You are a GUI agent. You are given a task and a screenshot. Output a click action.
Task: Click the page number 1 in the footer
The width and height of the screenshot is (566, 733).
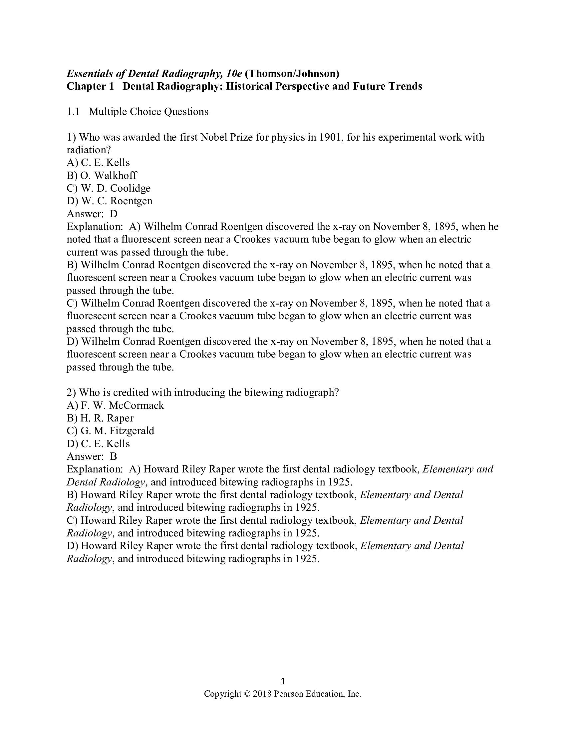283,681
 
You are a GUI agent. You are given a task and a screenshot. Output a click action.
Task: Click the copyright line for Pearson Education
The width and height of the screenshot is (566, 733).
283,694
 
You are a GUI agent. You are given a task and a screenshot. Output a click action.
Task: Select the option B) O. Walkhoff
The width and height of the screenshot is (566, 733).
102,175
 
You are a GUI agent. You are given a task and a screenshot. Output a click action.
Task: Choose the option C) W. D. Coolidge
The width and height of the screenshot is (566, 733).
109,188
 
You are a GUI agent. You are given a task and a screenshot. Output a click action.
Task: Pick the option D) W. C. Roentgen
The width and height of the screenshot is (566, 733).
110,201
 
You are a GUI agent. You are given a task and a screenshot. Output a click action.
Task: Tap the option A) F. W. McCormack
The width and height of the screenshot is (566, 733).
115,405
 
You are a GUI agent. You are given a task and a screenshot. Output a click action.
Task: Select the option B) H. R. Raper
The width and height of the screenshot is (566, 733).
100,418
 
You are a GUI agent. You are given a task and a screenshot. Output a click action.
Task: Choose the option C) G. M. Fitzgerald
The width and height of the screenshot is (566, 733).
110,430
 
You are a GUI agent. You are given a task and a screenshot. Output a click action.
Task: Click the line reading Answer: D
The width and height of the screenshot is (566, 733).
92,214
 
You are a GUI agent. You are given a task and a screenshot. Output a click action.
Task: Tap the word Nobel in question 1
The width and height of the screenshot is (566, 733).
214,137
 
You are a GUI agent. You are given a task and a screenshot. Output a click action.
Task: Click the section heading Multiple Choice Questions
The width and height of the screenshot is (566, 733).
148,111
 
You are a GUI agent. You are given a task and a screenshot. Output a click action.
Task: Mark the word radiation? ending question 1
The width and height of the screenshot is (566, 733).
89,150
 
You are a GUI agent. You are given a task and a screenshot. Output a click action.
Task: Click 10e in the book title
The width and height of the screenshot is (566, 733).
234,73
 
